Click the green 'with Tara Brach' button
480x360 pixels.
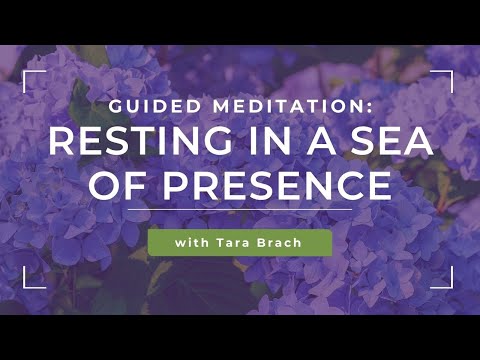tap(239, 243)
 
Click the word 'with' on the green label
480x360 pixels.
tap(191, 243)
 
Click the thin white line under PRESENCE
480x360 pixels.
tap(239, 212)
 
